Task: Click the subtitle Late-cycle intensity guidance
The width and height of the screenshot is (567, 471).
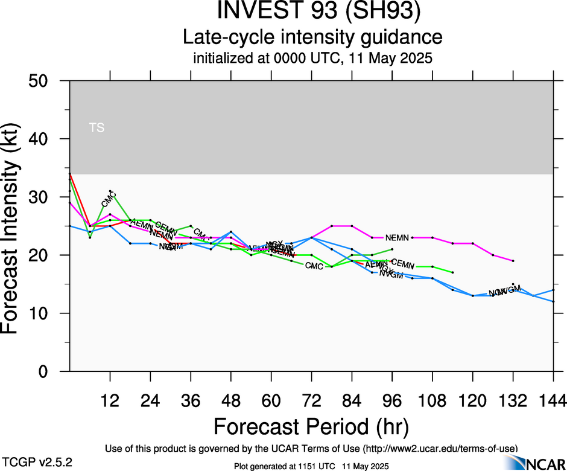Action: click(x=312, y=37)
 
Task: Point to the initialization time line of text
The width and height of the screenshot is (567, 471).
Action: click(x=312, y=59)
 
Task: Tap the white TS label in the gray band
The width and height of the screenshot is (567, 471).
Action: click(x=97, y=127)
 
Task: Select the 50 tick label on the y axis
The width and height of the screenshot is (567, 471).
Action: click(x=41, y=81)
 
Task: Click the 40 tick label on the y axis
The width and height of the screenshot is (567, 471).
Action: click(x=41, y=139)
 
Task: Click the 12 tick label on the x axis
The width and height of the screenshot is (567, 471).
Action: click(x=110, y=400)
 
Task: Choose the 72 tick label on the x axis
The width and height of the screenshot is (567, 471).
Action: click(x=311, y=400)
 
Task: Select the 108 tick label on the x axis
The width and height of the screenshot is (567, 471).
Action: click(x=432, y=400)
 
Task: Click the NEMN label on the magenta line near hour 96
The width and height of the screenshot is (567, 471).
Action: click(x=397, y=238)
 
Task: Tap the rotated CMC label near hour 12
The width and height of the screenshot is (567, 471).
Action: click(x=109, y=199)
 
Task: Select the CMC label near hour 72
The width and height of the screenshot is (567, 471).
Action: click(x=314, y=266)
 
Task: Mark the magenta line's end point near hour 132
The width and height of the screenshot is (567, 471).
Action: click(x=513, y=261)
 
